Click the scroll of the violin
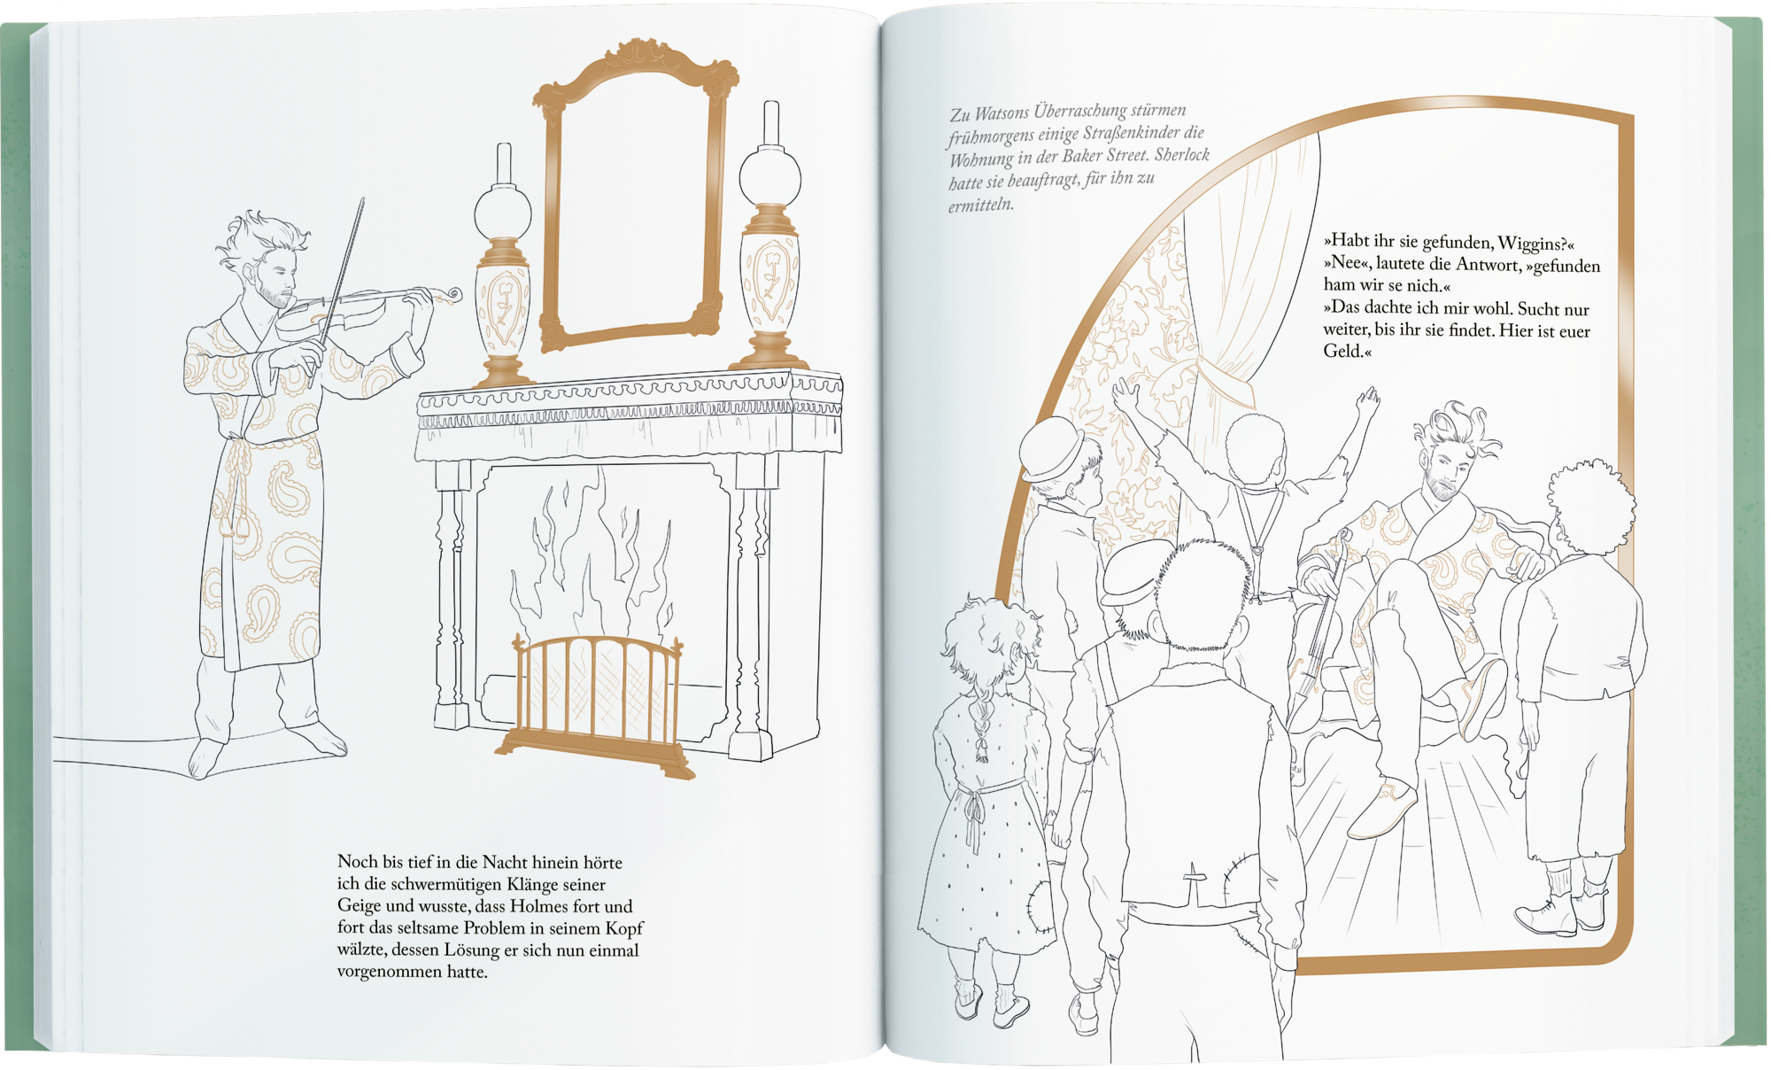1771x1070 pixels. coord(452,293)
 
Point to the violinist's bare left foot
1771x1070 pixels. coord(205,759)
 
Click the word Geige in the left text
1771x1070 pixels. coord(359,907)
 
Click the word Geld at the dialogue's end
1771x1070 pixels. coord(1344,351)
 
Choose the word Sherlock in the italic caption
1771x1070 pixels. coord(1182,155)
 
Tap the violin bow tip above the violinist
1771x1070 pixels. coord(362,200)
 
